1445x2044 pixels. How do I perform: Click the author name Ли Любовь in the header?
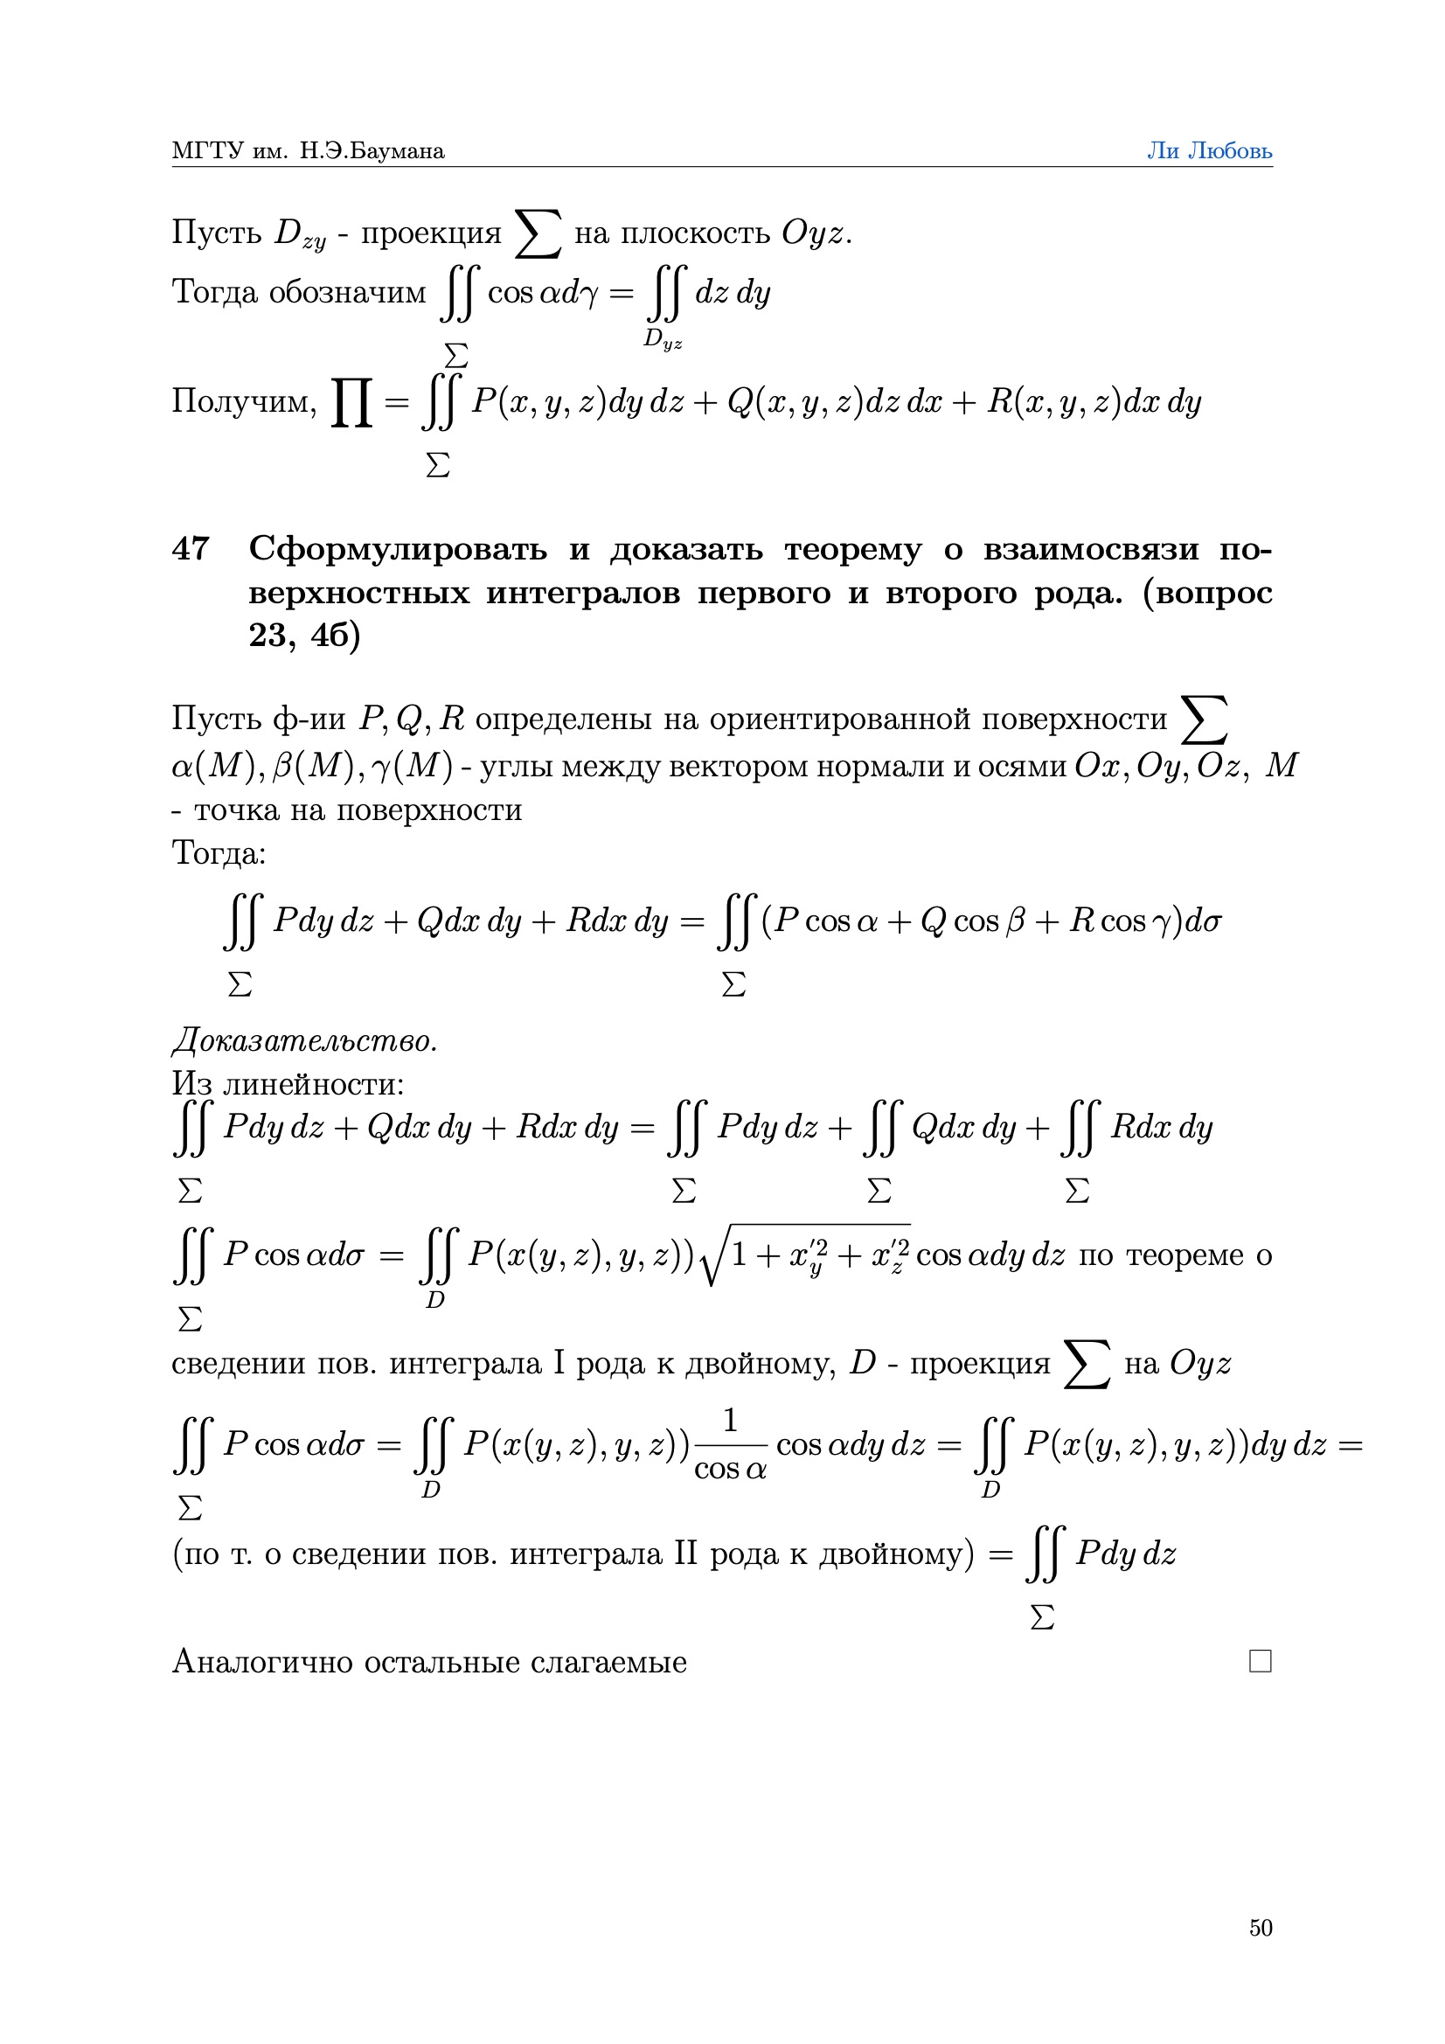pos(1208,150)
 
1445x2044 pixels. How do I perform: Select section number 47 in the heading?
pos(191,548)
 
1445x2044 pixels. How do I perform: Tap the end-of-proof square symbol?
pos(1260,1661)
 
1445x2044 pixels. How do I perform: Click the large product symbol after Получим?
pos(351,402)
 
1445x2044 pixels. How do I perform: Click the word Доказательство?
pos(304,1040)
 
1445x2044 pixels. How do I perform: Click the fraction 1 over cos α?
pos(730,1444)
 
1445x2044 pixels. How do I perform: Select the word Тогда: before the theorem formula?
pos(219,853)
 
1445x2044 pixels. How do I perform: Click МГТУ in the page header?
pos(206,151)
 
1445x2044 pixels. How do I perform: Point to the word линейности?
pos(312,1084)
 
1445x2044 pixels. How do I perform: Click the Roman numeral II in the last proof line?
pos(685,1554)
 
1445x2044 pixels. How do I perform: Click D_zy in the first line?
pos(300,233)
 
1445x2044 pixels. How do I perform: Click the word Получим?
pos(243,401)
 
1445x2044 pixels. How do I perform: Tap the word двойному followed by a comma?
pos(761,1363)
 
